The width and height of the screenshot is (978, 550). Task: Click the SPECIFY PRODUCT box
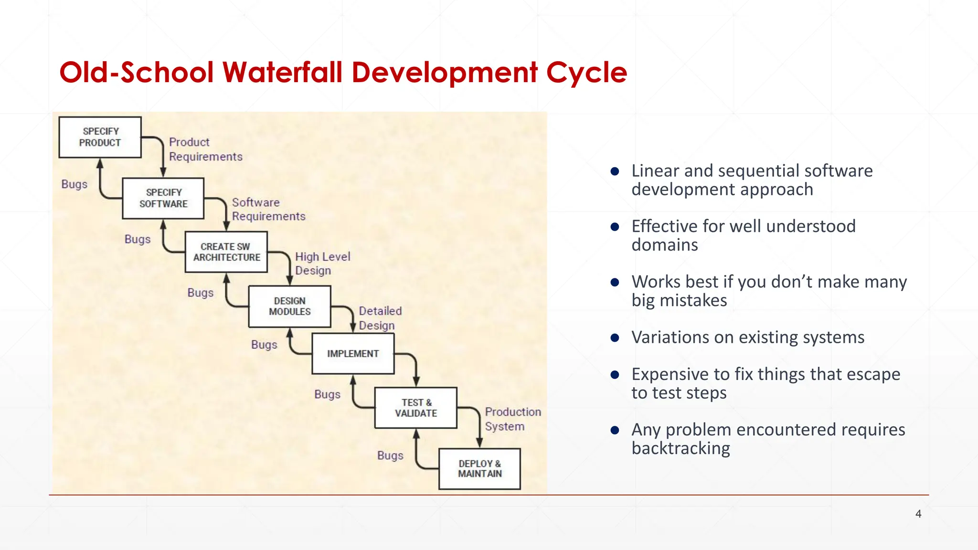[100, 137]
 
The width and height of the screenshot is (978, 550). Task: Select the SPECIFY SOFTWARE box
[163, 198]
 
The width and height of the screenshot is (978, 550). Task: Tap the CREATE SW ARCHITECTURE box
[226, 252]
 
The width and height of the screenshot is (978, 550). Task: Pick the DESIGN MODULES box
[289, 307]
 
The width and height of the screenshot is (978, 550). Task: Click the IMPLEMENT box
[353, 354]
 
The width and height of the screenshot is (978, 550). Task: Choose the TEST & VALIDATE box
[416, 408]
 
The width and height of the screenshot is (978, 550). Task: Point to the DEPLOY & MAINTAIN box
[479, 469]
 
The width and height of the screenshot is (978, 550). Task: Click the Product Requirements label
[205, 149]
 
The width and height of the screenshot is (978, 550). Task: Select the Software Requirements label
[268, 210]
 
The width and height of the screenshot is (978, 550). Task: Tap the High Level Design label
[322, 264]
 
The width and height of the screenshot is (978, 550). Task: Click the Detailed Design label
[380, 318]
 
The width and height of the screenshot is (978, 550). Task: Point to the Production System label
[512, 419]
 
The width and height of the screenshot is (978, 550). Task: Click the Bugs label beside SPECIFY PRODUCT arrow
[74, 184]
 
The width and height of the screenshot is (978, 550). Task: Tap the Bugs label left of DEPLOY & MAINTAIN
[390, 455]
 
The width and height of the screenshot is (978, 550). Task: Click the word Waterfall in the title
[282, 73]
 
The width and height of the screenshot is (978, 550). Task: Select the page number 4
[918, 514]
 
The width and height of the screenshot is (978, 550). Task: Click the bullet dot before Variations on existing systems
[615, 338]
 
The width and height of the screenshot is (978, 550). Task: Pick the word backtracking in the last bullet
[680, 448]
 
